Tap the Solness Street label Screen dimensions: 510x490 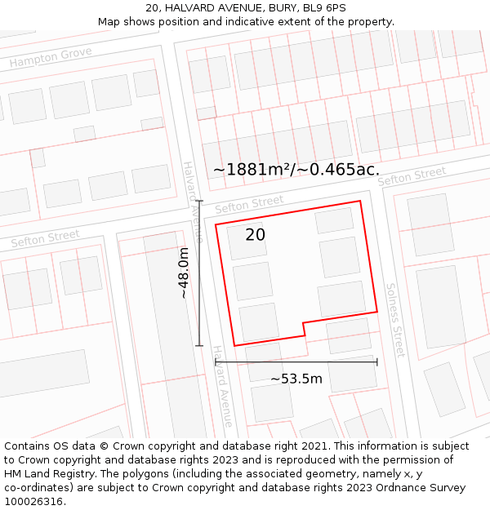tap(395, 320)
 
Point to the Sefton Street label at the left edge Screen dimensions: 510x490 tap(45, 239)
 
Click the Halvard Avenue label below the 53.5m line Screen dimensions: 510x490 tap(223, 386)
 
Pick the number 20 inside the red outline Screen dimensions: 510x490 tap(255, 235)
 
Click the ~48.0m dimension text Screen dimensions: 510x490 tap(185, 273)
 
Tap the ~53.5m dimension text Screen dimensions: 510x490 tap(296, 379)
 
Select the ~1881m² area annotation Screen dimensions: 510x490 tap(296, 170)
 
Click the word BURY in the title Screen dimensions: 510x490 tap(281, 8)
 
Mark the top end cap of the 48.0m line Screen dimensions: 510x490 tap(199, 201)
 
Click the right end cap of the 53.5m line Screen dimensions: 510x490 tap(376, 361)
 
